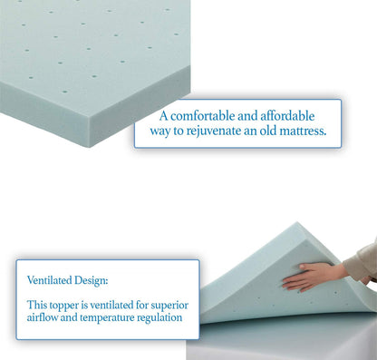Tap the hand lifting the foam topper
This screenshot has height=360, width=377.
[x=313, y=277]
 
